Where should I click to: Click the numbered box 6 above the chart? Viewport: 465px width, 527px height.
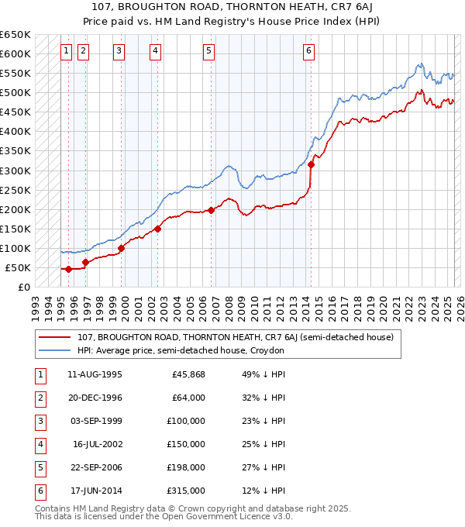(x=308, y=52)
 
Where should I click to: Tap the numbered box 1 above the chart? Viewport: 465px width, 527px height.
(x=67, y=52)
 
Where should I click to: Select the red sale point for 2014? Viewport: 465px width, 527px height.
(x=311, y=164)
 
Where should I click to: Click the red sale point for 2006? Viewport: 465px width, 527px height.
(x=211, y=210)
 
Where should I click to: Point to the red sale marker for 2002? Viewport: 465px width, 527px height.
(x=157, y=229)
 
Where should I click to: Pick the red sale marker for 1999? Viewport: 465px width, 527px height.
(x=122, y=248)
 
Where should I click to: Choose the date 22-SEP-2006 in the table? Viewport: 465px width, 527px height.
(x=95, y=467)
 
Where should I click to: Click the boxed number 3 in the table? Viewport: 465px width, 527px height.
(x=40, y=422)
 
